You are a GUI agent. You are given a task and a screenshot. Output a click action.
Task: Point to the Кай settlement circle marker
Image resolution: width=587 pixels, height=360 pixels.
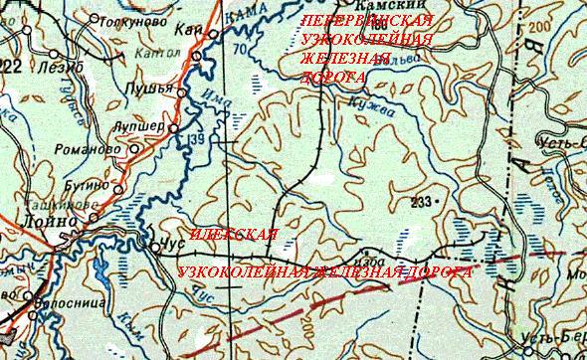click(x=211, y=34)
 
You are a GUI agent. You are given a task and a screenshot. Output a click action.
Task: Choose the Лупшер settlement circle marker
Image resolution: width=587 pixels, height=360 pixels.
click(x=174, y=129)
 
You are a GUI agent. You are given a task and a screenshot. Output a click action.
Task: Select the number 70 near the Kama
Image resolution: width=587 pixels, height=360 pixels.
click(x=238, y=47)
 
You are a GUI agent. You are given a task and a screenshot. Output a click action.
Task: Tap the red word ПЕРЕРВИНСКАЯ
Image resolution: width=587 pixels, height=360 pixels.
click(x=365, y=21)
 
